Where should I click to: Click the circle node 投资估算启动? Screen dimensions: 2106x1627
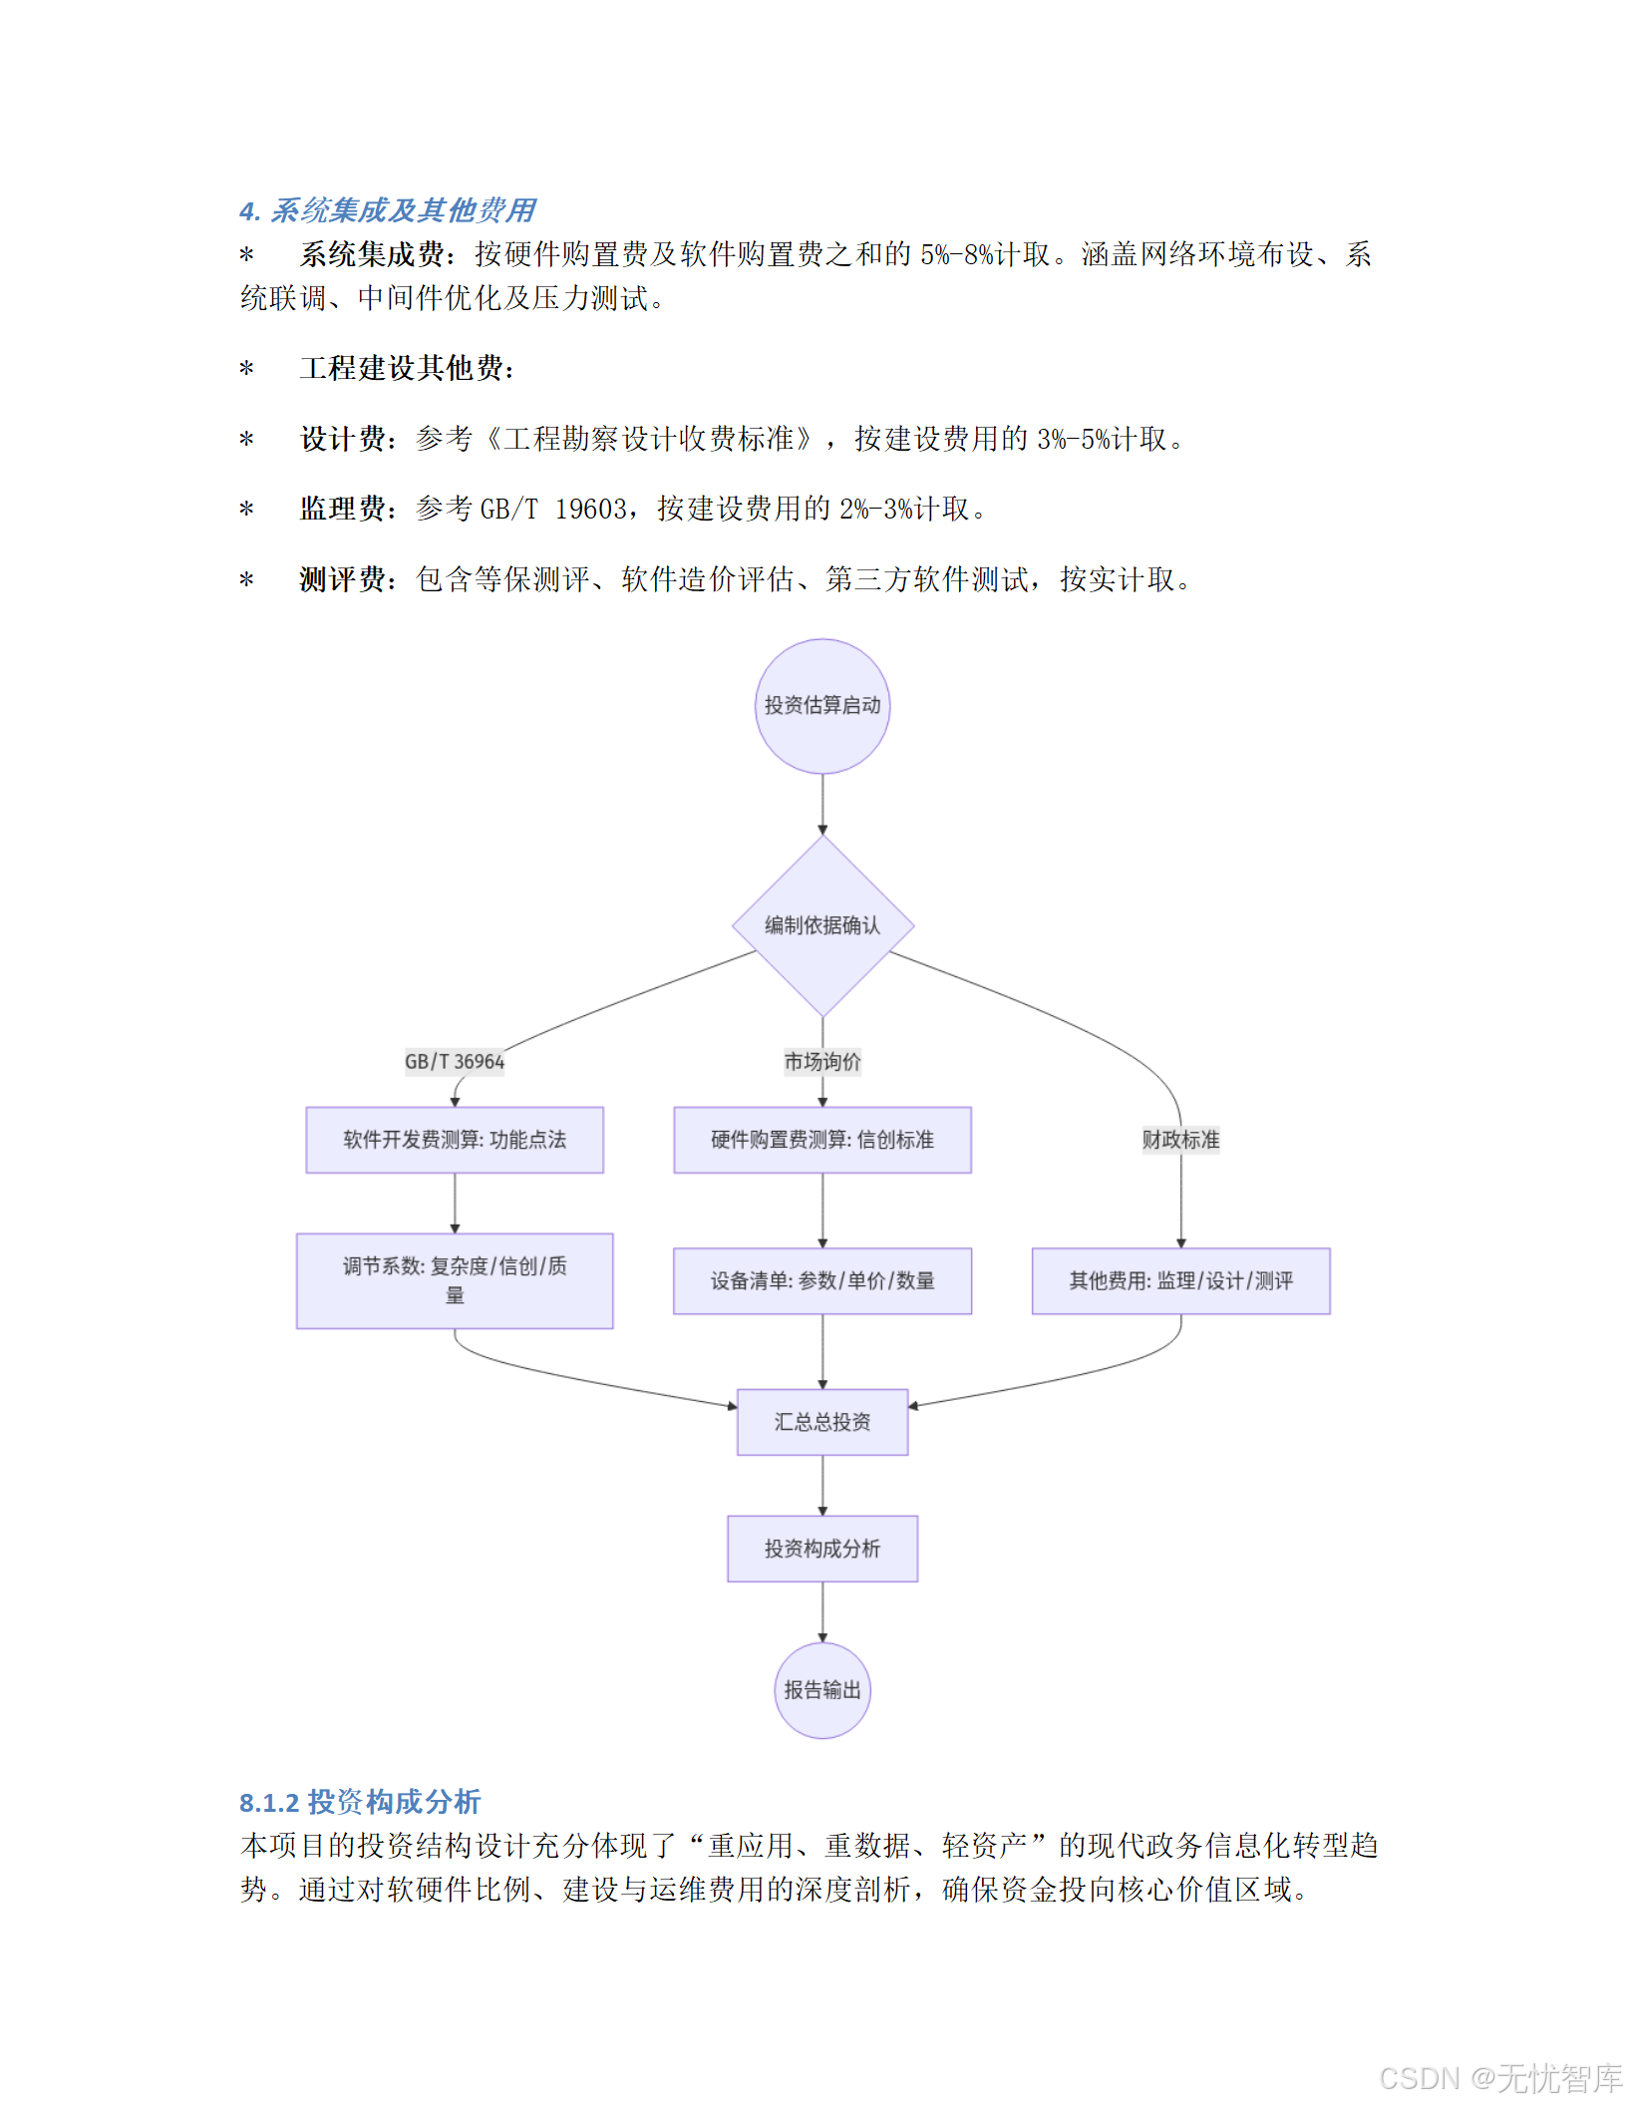(x=822, y=706)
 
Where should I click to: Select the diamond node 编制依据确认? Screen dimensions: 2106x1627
(x=822, y=925)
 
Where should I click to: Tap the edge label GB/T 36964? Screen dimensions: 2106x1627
(x=455, y=1062)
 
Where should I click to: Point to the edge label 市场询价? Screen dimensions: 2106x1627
(x=822, y=1062)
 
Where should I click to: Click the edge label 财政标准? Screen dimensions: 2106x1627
(x=1180, y=1140)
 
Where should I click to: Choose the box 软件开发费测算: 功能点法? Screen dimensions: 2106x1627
(x=455, y=1140)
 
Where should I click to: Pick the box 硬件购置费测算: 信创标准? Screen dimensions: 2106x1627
(x=822, y=1140)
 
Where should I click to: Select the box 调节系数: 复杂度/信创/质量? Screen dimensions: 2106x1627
(x=455, y=1280)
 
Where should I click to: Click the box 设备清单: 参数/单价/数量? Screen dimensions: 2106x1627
(x=822, y=1280)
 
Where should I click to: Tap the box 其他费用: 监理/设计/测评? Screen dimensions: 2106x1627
(x=1180, y=1280)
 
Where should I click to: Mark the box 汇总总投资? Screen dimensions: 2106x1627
(x=822, y=1422)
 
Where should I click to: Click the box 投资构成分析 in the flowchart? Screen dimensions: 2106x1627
(x=822, y=1549)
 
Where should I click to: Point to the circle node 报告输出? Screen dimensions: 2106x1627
(x=822, y=1690)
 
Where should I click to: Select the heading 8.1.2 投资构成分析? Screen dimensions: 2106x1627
(x=360, y=1802)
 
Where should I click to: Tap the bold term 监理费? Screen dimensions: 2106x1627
(x=342, y=509)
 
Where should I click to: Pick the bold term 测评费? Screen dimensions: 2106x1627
(x=342, y=579)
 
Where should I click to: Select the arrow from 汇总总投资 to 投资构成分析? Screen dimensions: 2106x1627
(x=822, y=1486)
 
